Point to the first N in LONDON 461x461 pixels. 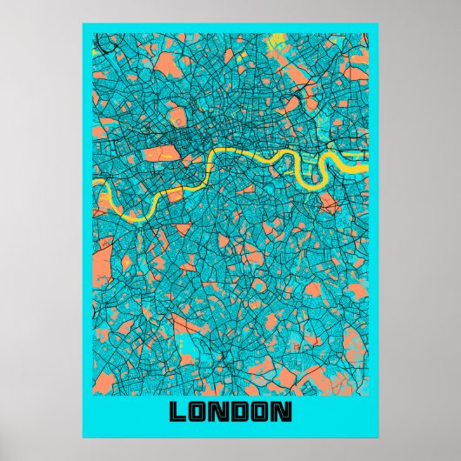pos(217,411)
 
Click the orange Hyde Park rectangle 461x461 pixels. pos(160,154)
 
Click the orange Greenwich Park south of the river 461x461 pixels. pos(329,204)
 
